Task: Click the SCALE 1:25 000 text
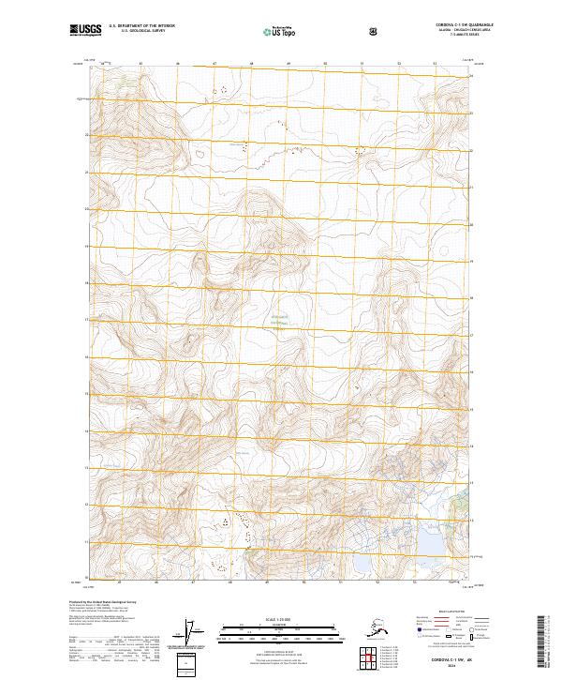[x=280, y=618]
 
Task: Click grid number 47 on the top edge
[x=214, y=65]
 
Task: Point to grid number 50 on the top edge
[x=324, y=65]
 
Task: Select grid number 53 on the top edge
[x=434, y=65]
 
